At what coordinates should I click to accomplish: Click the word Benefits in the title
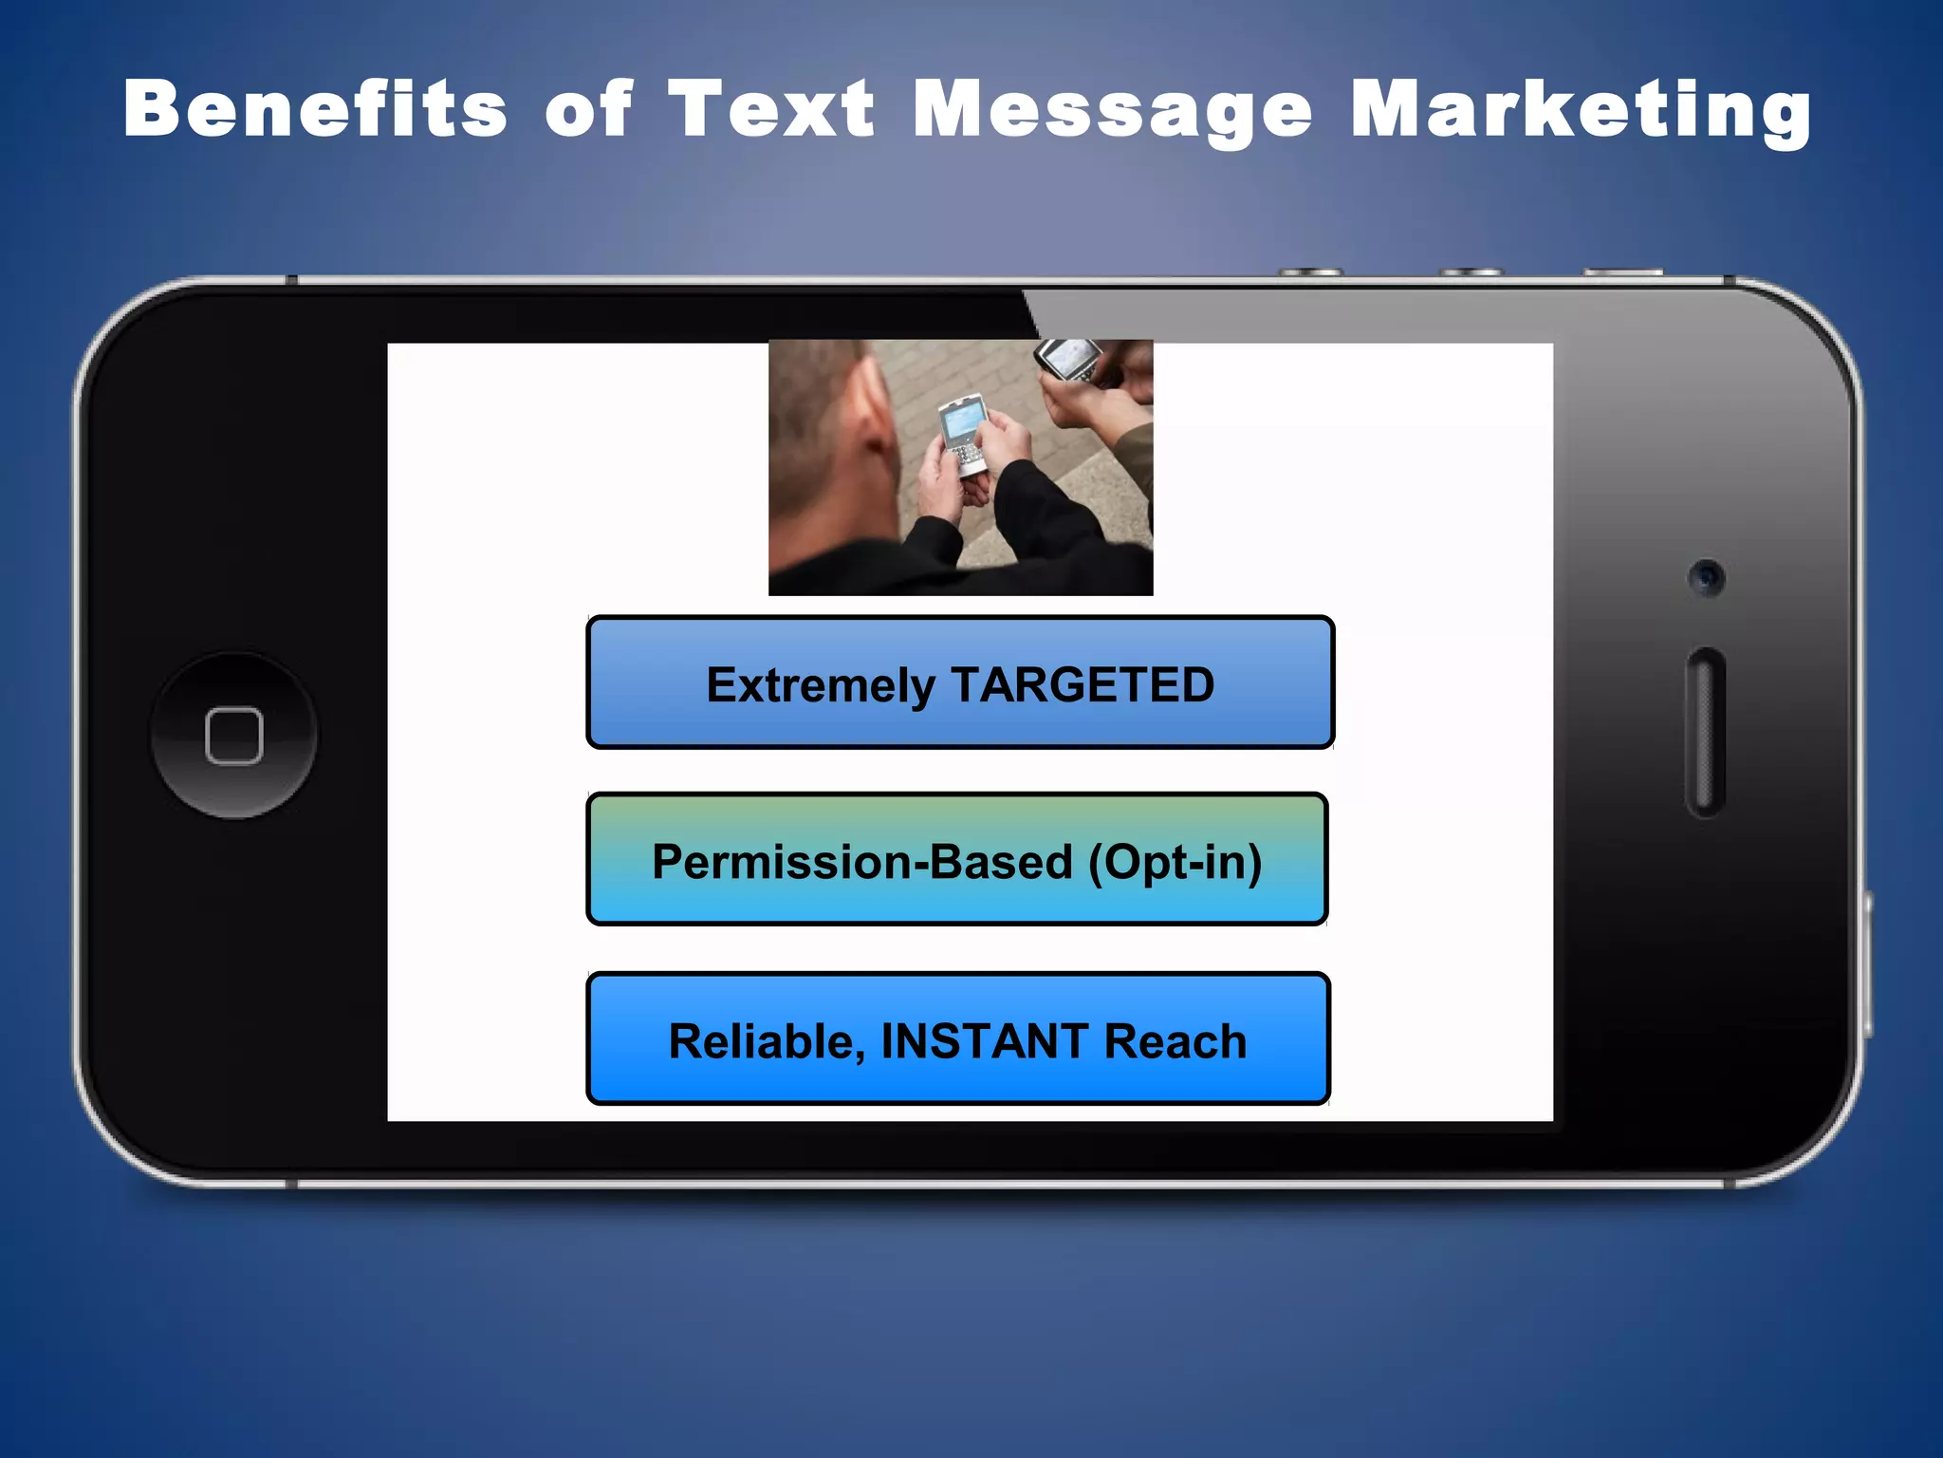pyautogui.click(x=315, y=108)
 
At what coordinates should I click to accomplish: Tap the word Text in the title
pyautogui.click(x=770, y=108)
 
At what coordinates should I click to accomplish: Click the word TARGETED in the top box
pyautogui.click(x=1082, y=684)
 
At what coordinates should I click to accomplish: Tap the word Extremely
pyautogui.click(x=821, y=686)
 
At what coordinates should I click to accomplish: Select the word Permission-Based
pyautogui.click(x=861, y=862)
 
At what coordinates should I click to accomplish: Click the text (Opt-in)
pyautogui.click(x=1175, y=863)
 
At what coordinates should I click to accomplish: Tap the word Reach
pyautogui.click(x=1175, y=1041)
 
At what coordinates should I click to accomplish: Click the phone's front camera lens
pyautogui.click(x=1707, y=577)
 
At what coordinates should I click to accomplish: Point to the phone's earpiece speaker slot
pyautogui.click(x=1705, y=732)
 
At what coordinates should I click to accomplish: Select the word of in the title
pyautogui.click(x=587, y=108)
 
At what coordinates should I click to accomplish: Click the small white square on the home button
pyautogui.click(x=233, y=735)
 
